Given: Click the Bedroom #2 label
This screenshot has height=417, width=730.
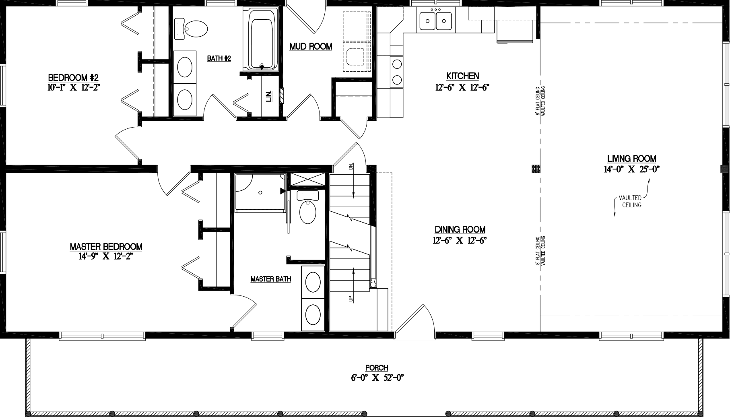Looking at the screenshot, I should [x=73, y=77].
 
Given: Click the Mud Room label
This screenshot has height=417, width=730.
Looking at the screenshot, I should [x=311, y=47].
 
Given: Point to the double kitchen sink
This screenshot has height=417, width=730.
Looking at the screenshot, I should [x=436, y=20].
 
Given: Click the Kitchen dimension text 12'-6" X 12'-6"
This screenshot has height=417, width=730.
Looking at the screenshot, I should [x=462, y=87].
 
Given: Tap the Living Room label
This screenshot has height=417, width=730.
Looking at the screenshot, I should [x=631, y=159].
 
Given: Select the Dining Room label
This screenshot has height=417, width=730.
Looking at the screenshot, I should [x=460, y=229].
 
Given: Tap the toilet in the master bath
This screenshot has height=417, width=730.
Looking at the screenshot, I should [x=308, y=210].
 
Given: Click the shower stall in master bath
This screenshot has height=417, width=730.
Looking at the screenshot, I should [x=260, y=192].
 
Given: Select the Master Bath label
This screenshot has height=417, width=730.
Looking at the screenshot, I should [x=270, y=279].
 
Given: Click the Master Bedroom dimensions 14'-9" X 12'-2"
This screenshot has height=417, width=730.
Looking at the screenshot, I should [x=106, y=256].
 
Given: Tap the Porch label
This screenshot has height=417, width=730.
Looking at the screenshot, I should [x=377, y=367].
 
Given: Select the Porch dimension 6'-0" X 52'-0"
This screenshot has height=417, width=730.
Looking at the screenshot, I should [x=377, y=378].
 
